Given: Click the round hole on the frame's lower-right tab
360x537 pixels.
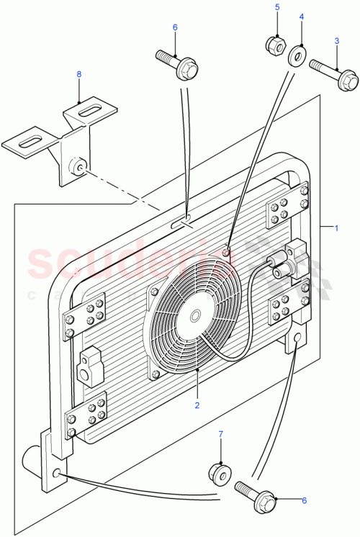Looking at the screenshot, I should tap(297, 337).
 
